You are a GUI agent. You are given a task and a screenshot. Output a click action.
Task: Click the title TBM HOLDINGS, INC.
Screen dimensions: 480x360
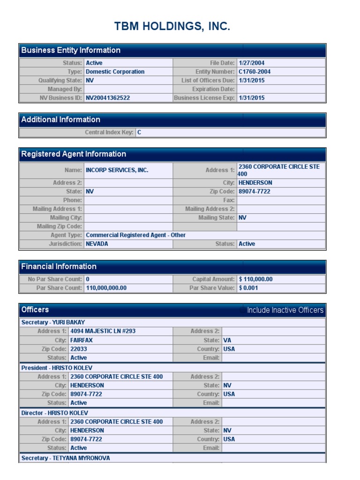click(172, 27)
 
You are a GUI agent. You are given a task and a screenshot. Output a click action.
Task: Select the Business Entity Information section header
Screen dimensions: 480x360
click(71, 51)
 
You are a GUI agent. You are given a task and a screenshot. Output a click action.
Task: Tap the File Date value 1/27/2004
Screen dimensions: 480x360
click(252, 63)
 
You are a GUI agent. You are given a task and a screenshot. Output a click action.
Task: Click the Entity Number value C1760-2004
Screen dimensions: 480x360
click(255, 72)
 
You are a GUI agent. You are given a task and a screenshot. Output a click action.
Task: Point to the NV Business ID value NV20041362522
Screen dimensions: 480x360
click(108, 98)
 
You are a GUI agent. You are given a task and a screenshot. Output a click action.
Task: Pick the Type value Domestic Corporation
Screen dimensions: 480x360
click(115, 72)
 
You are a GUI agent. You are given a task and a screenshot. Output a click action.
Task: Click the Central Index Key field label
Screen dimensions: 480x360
click(109, 133)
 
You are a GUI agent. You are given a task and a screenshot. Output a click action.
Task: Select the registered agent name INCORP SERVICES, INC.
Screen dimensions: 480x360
click(117, 170)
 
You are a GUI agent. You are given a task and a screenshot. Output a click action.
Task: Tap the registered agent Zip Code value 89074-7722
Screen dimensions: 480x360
click(255, 192)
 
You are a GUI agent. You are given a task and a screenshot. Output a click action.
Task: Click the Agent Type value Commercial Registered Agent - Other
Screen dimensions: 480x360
click(135, 235)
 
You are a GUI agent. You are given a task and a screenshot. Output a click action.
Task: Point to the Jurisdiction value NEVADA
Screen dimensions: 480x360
click(97, 244)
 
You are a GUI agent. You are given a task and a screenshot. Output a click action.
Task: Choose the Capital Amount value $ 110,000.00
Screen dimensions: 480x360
click(255, 279)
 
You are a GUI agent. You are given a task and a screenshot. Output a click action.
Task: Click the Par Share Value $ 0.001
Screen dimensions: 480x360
click(248, 288)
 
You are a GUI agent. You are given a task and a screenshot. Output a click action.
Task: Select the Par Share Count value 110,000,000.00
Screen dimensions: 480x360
click(106, 288)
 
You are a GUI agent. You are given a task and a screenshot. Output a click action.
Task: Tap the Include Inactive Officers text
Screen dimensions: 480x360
click(285, 310)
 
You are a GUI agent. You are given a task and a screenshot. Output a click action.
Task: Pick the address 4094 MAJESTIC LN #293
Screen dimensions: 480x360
click(103, 331)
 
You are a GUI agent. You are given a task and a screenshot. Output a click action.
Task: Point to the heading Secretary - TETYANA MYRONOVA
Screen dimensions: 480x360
click(66, 458)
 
